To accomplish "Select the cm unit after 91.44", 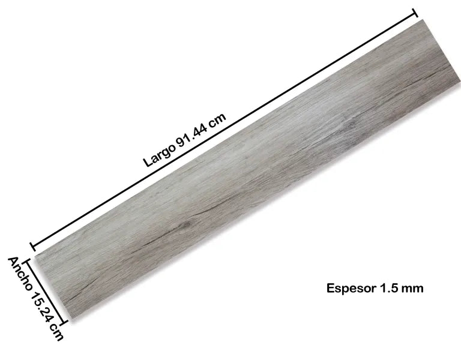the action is (x=216, y=121).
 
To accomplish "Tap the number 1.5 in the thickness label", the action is (x=388, y=288).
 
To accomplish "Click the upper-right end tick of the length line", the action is (x=415, y=13).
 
